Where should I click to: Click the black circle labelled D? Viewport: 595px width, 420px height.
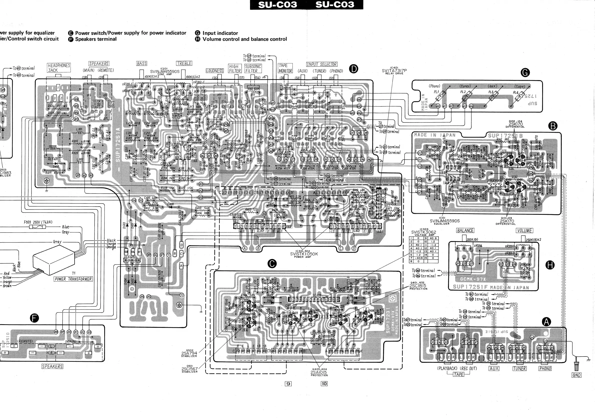tap(353, 69)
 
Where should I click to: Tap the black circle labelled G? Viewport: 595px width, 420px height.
tap(525, 72)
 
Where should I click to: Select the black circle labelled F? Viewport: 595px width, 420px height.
tap(34, 318)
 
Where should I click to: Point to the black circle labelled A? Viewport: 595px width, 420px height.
tap(546, 322)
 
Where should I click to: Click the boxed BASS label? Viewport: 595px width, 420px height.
tap(142, 63)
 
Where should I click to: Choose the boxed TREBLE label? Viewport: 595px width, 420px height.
tap(184, 63)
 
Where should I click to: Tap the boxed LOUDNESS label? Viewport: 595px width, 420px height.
tap(215, 71)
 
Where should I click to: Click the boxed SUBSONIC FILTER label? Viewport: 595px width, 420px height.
tap(253, 68)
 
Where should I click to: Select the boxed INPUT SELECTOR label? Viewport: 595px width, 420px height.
tap(321, 64)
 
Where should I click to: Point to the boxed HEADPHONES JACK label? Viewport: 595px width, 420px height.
tap(59, 67)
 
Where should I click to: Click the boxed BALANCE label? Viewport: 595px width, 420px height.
tap(465, 230)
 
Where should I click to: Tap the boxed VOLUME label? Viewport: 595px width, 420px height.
tap(524, 230)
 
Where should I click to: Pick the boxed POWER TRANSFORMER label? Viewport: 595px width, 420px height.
tap(73, 279)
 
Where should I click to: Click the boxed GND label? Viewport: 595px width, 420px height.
tap(576, 375)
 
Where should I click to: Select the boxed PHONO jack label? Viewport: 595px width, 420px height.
tap(545, 368)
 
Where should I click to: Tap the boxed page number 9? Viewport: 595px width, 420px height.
tap(288, 384)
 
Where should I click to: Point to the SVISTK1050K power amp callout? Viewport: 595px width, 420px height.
tap(304, 254)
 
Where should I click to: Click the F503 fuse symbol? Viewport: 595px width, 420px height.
tap(37, 227)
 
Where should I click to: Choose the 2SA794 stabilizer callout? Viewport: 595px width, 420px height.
tap(189, 353)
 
